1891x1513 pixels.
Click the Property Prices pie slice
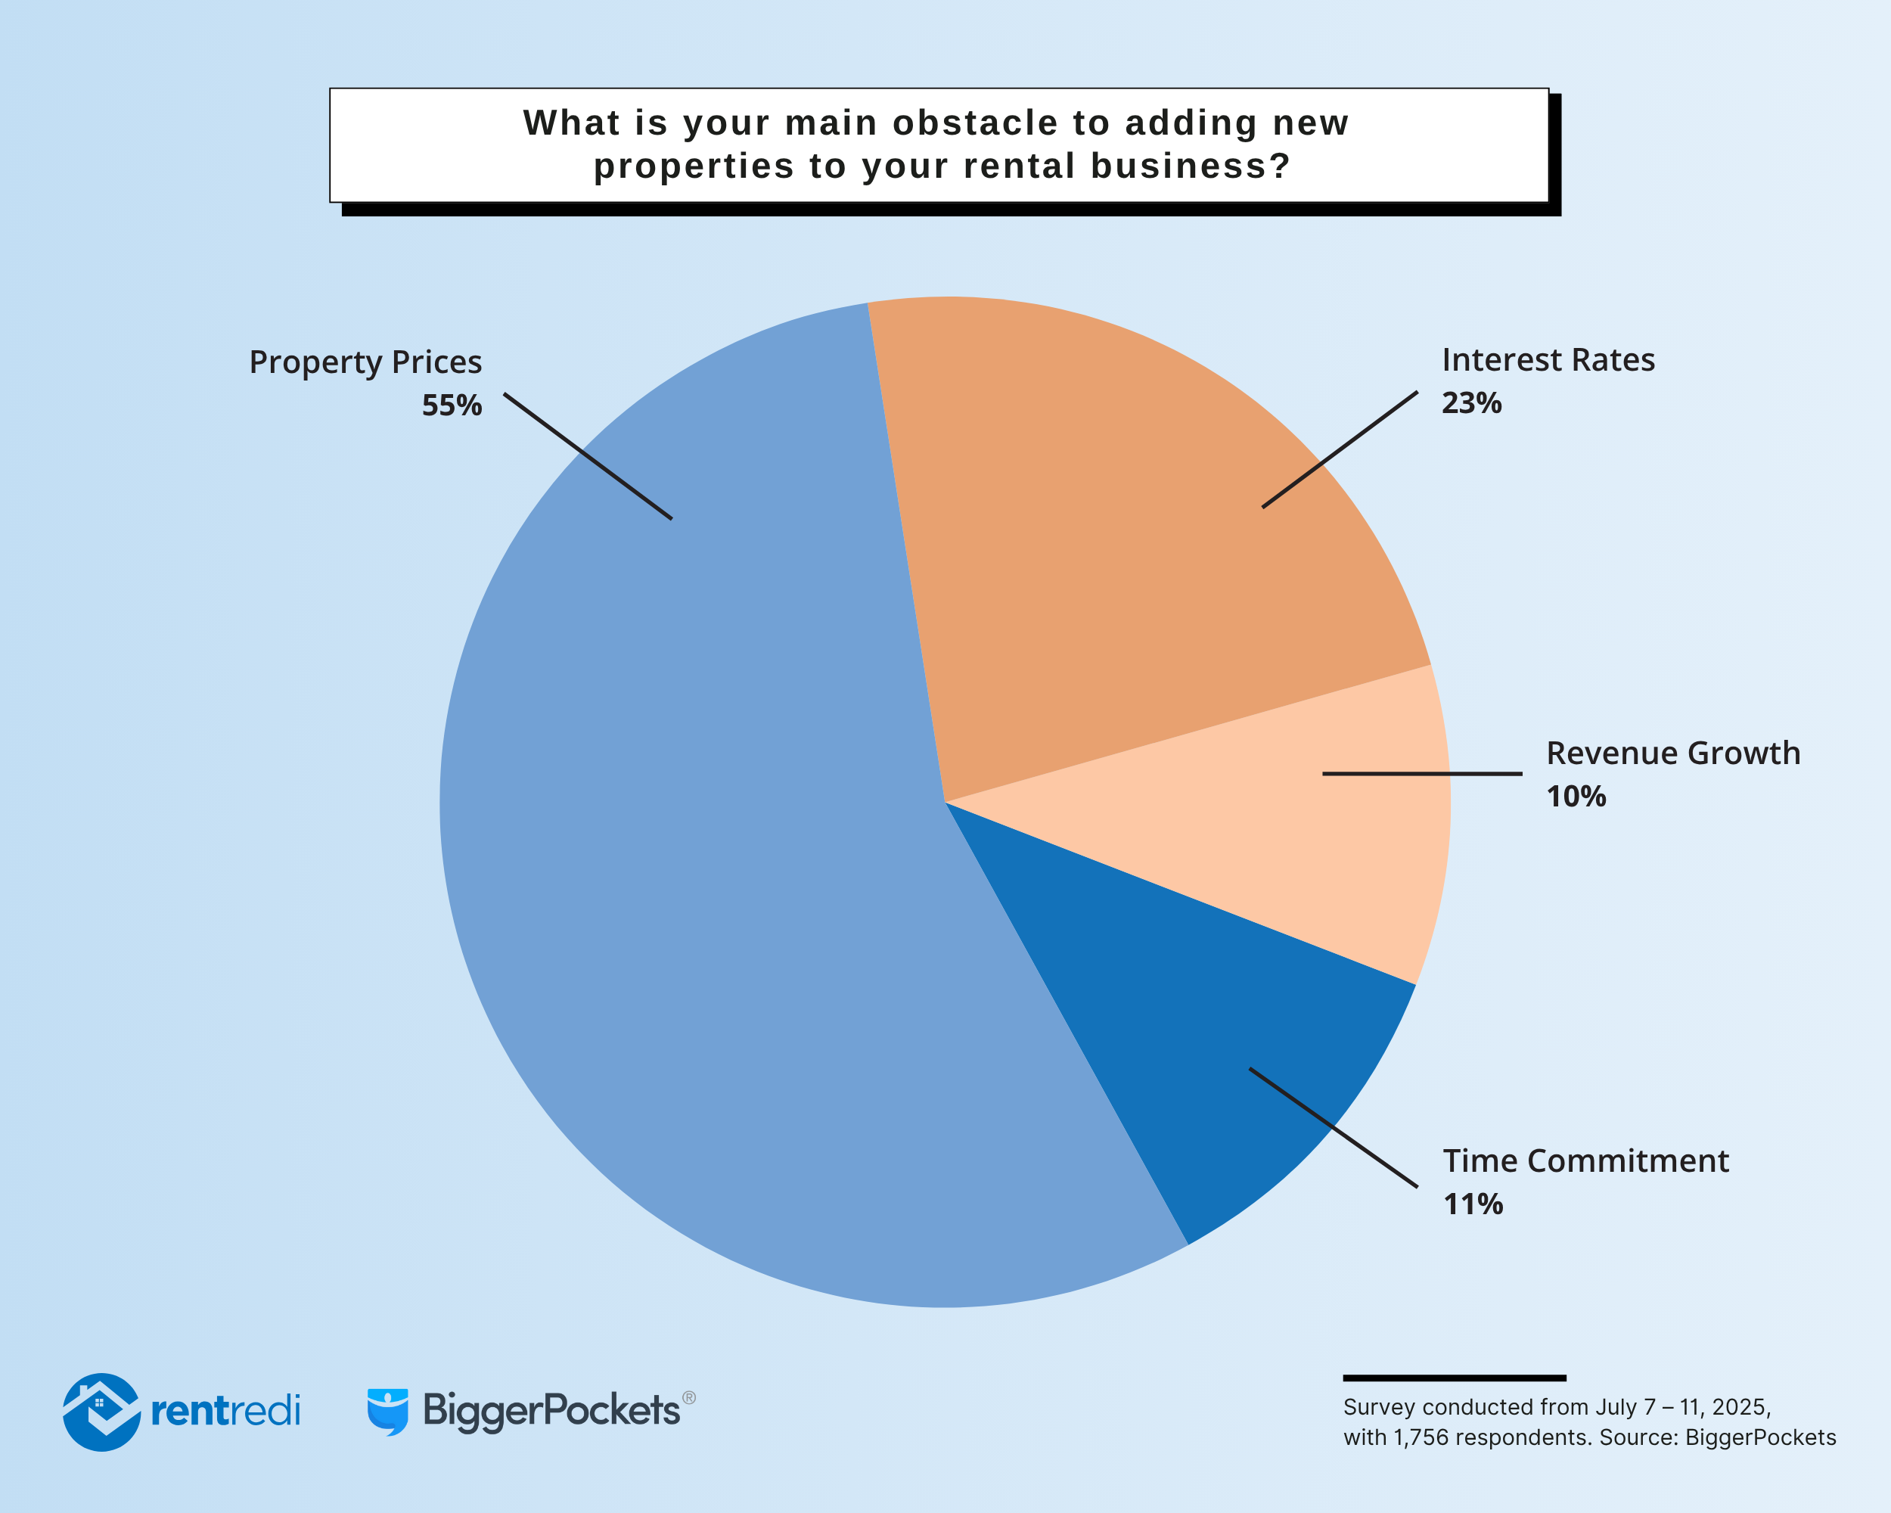click(702, 833)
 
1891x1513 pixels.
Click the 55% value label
click(452, 405)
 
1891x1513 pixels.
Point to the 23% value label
click(1472, 402)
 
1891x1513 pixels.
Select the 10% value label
click(1576, 797)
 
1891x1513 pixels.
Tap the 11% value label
click(1473, 1204)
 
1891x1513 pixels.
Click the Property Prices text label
click(365, 362)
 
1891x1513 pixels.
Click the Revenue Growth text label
click(1672, 753)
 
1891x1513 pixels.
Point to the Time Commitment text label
click(1585, 1161)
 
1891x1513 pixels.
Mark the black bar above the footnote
click(1455, 1378)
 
